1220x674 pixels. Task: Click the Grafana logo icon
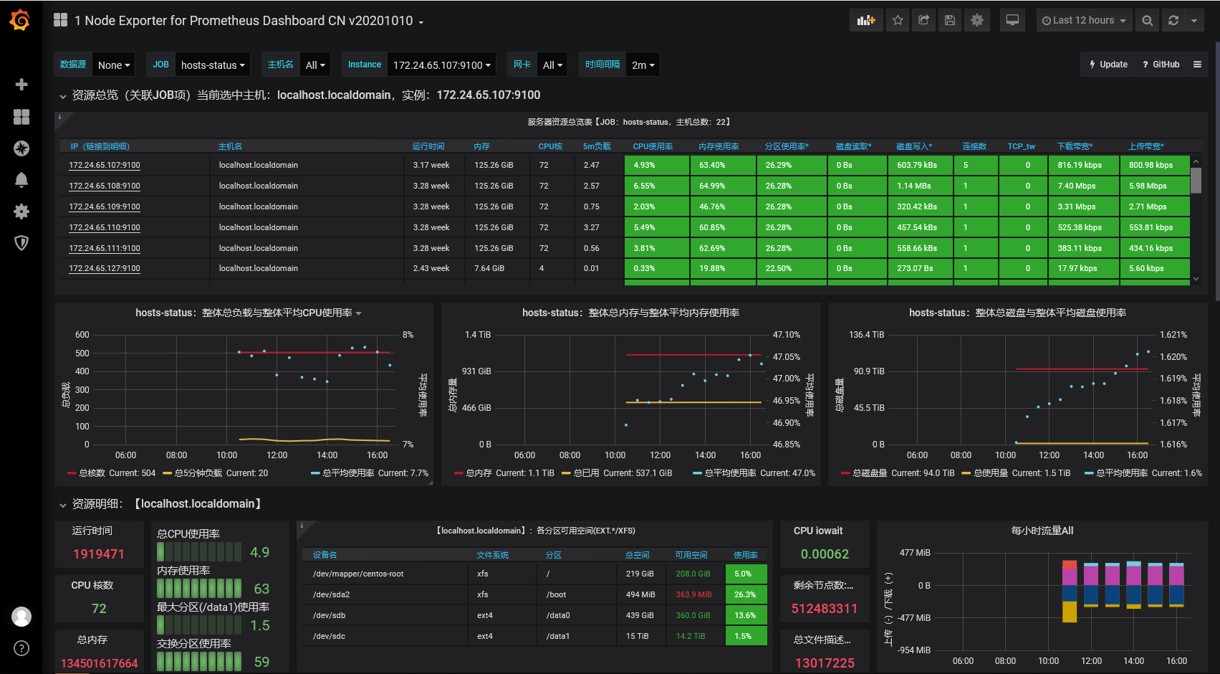pyautogui.click(x=20, y=20)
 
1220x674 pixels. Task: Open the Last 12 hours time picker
pyautogui.click(x=1083, y=20)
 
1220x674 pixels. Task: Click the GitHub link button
pyautogui.click(x=1161, y=65)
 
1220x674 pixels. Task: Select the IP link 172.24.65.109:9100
pyautogui.click(x=105, y=207)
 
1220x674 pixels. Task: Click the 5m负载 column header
pyautogui.click(x=597, y=146)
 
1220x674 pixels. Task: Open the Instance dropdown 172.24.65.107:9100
pyautogui.click(x=442, y=65)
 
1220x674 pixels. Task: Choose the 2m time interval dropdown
pyautogui.click(x=643, y=65)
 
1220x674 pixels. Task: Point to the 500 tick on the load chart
pyautogui.click(x=82, y=353)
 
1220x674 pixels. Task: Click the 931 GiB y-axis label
pyautogui.click(x=476, y=371)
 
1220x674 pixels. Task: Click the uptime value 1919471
pyautogui.click(x=99, y=554)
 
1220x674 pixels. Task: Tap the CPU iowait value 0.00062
pyautogui.click(x=825, y=554)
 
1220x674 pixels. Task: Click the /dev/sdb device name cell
pyautogui.click(x=330, y=615)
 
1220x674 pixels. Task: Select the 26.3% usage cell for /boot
pyautogui.click(x=745, y=594)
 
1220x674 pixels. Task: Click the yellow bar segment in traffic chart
pyautogui.click(x=1070, y=611)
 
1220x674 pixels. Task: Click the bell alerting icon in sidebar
pyautogui.click(x=21, y=180)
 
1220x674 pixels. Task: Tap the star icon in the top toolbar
pyautogui.click(x=898, y=20)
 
